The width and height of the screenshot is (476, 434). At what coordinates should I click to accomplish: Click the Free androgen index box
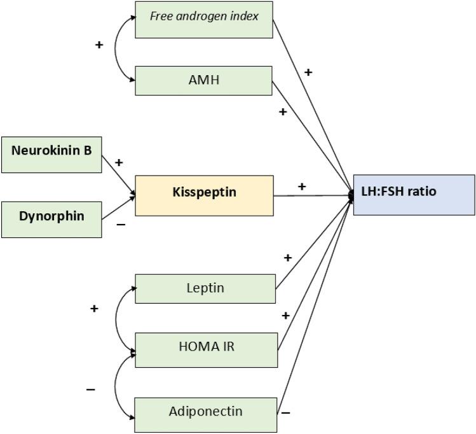coord(203,19)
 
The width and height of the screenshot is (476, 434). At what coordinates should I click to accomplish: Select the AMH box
coord(203,80)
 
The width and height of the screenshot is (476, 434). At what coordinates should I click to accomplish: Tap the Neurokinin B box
coord(51,154)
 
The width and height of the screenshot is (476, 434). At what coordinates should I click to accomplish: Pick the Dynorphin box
coord(51,219)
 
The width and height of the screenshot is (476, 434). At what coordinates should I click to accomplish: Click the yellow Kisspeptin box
coord(203,195)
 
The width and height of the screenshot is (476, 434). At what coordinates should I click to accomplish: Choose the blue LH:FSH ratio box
coord(414,195)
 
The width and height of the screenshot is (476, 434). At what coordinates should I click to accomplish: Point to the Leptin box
coord(205,288)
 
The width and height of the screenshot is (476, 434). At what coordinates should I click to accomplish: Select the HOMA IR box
coord(206,349)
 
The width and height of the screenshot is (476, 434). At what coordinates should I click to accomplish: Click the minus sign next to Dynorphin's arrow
coord(121,225)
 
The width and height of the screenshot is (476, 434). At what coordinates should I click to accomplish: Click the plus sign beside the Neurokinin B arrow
coord(119,163)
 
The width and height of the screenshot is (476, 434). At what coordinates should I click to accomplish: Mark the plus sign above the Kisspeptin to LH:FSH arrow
coord(301,186)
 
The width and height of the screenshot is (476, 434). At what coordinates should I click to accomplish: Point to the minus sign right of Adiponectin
coord(286,412)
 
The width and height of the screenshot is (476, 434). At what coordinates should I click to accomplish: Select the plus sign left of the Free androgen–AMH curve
coord(99,46)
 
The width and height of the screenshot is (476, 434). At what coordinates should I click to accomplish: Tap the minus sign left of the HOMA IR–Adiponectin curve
coord(91,389)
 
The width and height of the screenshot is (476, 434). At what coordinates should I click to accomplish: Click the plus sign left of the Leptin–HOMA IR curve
coord(94,309)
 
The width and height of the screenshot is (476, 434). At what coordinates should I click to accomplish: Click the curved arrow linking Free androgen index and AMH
coord(116,49)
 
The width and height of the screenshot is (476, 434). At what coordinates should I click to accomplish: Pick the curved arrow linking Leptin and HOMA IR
coord(116,318)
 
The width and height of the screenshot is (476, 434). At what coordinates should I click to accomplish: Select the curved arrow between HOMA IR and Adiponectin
coord(116,385)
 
